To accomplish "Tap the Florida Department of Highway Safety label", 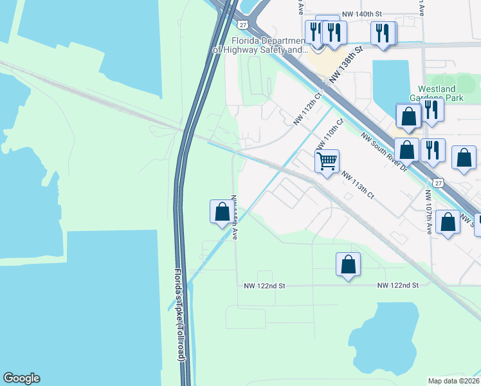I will [260, 44].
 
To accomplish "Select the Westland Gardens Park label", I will [441, 93].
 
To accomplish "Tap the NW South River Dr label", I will [383, 151].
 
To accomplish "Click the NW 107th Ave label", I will [429, 212].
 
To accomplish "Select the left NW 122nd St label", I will [264, 284].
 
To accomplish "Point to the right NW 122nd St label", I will [397, 284].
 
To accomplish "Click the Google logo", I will [21, 378].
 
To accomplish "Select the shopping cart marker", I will [327, 161].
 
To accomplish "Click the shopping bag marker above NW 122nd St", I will [348, 263].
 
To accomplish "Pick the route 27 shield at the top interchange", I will [242, 24].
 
